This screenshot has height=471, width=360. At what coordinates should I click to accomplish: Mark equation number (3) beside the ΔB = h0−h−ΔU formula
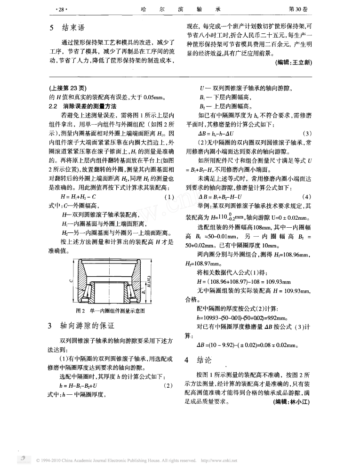(308, 133)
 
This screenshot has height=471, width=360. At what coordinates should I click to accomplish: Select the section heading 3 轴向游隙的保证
(78, 326)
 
